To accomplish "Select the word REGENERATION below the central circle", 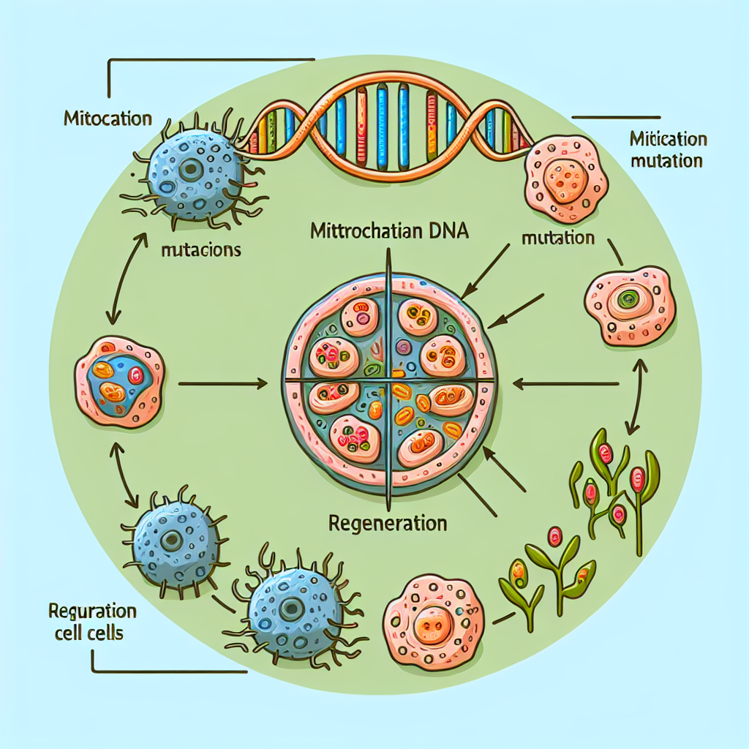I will pos(388,524).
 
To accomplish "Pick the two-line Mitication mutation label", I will pos(666,149).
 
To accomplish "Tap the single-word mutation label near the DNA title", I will pos(558,238).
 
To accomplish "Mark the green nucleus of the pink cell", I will pos(625,298).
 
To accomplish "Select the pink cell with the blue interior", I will pos(119,380).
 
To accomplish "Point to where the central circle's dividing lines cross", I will pos(388,380).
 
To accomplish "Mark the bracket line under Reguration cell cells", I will pos(168,671).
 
